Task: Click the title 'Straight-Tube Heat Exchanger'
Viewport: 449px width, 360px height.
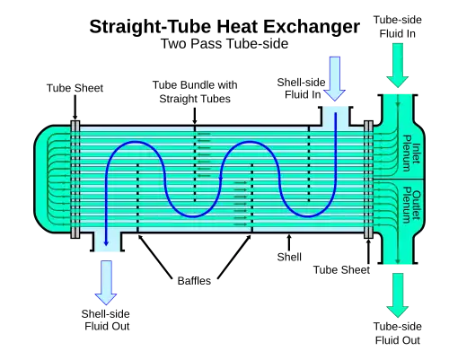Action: [224, 27]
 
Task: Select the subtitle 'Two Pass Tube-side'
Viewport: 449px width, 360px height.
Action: [224, 44]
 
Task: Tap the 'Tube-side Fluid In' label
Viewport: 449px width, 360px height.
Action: [398, 27]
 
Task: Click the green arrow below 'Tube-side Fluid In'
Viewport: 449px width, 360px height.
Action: [398, 66]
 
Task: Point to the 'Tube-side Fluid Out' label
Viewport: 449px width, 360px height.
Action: [398, 333]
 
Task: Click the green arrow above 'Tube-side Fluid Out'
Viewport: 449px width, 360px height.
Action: [398, 295]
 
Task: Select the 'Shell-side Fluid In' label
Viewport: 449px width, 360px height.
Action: [301, 88]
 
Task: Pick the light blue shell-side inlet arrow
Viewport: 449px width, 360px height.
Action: [335, 79]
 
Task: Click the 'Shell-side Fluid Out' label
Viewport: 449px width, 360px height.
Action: [106, 320]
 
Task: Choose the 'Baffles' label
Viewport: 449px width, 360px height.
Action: [194, 281]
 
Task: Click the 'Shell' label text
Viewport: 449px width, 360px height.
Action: [289, 257]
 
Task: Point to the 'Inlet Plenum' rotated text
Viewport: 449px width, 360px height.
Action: [411, 154]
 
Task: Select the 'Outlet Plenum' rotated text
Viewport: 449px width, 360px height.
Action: [411, 206]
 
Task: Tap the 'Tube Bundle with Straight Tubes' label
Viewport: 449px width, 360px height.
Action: [195, 92]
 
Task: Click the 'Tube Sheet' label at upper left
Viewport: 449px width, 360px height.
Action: [75, 88]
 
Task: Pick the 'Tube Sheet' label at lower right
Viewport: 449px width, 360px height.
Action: [341, 270]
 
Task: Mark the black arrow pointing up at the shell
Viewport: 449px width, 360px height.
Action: [289, 242]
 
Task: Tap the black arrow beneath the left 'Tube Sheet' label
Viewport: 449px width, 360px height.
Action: [75, 108]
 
